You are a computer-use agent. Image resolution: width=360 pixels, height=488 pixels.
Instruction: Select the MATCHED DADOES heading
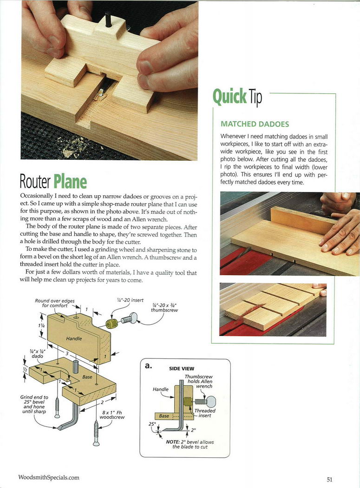tap(255, 124)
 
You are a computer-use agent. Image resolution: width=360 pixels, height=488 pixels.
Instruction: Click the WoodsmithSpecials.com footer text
tap(48, 477)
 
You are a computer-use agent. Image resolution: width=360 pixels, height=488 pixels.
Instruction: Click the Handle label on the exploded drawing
tap(73, 339)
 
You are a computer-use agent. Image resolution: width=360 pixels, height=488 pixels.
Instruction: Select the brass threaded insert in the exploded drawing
tap(111, 323)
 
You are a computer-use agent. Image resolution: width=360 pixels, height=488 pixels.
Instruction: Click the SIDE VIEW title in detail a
tap(182, 369)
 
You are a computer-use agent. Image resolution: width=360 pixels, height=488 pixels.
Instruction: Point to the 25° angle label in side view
tap(151, 424)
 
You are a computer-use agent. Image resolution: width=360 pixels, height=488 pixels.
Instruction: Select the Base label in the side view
tap(164, 416)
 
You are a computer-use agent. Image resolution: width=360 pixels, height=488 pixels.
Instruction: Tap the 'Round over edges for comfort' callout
tap(55, 303)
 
